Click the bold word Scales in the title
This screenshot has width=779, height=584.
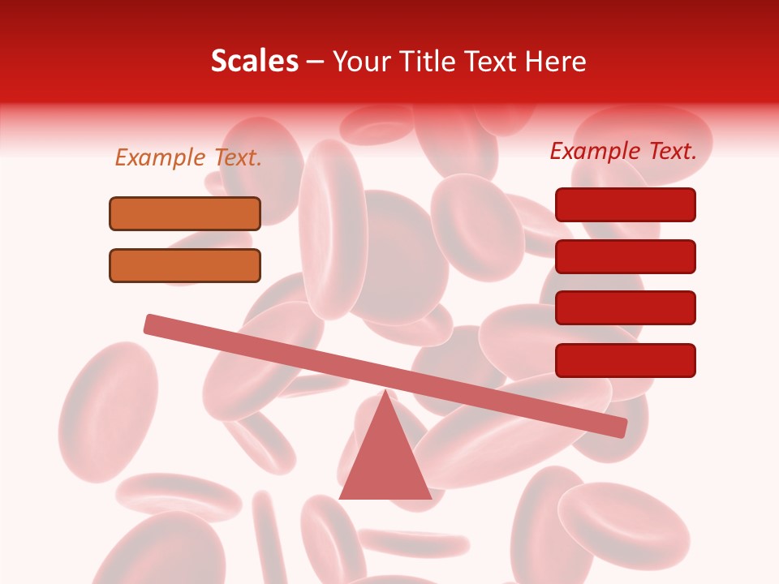(254, 62)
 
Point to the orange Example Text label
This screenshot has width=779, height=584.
(188, 157)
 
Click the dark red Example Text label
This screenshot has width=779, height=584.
(623, 151)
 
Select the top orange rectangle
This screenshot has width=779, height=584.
(185, 213)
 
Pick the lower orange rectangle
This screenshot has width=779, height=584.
(185, 265)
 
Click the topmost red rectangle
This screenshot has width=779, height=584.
(626, 204)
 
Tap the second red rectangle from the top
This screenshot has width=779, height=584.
(626, 256)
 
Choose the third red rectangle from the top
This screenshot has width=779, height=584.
(626, 308)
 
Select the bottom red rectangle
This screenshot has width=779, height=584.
(626, 360)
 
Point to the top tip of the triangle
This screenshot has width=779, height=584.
(385, 393)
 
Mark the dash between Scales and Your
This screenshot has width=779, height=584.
(315, 63)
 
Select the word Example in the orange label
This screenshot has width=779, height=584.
(161, 157)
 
